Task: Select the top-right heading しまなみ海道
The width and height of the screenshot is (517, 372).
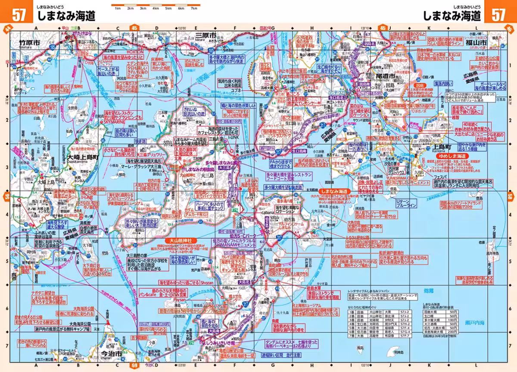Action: [x=452, y=16]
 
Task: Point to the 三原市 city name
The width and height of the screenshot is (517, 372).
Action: [x=205, y=35]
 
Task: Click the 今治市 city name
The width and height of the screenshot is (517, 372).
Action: [x=111, y=355]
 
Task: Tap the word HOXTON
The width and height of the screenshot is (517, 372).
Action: [x=135, y=51]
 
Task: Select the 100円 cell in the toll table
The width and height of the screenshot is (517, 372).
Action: [x=452, y=320]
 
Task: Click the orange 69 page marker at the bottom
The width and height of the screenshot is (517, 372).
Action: [x=135, y=366]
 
